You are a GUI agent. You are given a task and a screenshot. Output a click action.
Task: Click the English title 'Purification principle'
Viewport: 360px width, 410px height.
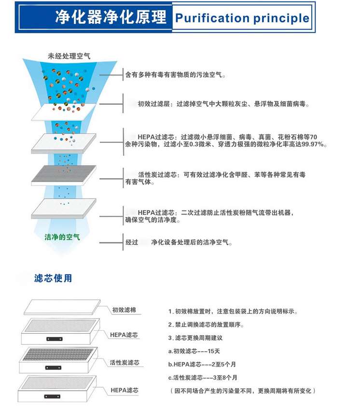pos(242,18)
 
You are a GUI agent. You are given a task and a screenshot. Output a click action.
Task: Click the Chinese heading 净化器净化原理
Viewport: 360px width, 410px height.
pos(111,17)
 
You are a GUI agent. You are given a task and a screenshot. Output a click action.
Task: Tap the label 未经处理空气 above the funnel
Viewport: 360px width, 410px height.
pos(69,56)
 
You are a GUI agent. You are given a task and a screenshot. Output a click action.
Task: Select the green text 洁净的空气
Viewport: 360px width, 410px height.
pos(62,237)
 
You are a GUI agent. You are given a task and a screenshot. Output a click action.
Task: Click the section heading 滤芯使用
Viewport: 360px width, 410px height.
pos(53,278)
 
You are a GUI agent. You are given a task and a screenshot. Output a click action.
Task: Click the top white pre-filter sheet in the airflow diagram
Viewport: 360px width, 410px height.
pos(64,112)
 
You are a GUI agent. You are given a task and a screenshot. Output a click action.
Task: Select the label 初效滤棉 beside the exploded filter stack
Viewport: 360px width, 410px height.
pos(124,310)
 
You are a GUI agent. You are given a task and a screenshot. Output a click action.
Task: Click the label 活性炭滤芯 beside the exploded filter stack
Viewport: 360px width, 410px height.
pos(125,362)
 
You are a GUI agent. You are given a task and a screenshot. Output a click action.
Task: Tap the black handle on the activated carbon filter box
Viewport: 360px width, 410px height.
pos(53,368)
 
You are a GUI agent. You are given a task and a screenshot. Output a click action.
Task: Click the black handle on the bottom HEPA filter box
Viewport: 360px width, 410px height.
pos(52,396)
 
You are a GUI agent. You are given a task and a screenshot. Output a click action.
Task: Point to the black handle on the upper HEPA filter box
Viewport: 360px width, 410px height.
pos(55,339)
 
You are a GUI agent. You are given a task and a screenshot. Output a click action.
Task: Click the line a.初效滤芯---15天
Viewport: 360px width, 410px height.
pos(194,351)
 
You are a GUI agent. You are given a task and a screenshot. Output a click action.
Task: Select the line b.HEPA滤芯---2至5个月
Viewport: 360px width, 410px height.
pos(202,364)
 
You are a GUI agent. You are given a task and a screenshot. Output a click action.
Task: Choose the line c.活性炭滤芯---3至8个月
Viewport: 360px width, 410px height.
pos(203,378)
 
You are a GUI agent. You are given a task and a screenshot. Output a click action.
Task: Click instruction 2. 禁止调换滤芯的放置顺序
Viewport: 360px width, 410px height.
pos(206,325)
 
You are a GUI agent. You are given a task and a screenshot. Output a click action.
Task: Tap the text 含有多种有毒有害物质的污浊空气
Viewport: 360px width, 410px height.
pos(175,75)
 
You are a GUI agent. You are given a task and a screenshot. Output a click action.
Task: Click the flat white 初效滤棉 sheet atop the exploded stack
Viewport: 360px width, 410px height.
pos(62,307)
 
